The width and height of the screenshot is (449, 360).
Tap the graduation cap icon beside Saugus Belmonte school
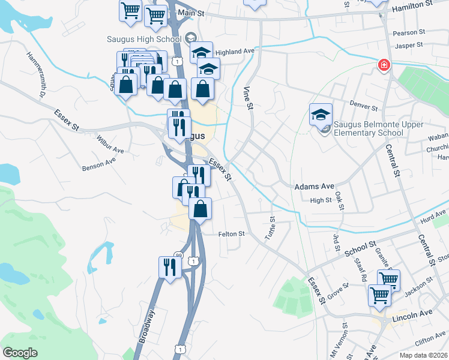pos(321,113)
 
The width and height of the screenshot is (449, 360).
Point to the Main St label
pos(191,13)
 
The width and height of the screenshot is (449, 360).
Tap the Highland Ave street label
pos(236,52)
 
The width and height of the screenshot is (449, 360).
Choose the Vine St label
pos(247,98)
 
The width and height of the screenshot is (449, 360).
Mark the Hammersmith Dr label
pos(36,74)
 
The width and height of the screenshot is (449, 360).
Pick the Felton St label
pos(231,234)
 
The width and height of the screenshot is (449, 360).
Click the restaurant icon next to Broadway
pos(170,266)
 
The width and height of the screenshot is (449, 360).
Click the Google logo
pos(20,353)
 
